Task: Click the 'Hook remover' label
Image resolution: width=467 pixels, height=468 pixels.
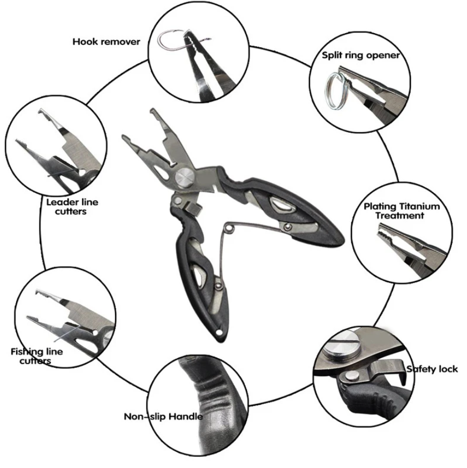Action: pyautogui.click(x=106, y=41)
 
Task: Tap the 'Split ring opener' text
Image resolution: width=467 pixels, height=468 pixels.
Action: pyautogui.click(x=361, y=55)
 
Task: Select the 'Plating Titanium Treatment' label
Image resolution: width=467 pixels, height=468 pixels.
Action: pyautogui.click(x=401, y=211)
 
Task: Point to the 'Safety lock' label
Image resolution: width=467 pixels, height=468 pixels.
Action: pyautogui.click(x=432, y=369)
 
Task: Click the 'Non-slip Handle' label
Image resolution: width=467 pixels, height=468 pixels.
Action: pyautogui.click(x=163, y=417)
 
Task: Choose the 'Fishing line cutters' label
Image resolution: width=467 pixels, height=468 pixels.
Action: pyautogui.click(x=36, y=356)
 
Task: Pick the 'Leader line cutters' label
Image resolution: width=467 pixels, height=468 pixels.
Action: pyautogui.click(x=72, y=207)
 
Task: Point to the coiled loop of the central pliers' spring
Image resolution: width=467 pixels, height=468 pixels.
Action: pyautogui.click(x=229, y=229)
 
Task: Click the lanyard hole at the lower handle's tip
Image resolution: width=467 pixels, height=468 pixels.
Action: pyautogui.click(x=220, y=333)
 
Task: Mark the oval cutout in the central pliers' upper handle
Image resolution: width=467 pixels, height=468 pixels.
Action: pyautogui.click(x=280, y=205)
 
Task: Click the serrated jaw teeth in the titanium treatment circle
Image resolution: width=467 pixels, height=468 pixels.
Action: pyautogui.click(x=386, y=235)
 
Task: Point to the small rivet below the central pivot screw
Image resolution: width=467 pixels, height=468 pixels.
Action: pyautogui.click(x=178, y=200)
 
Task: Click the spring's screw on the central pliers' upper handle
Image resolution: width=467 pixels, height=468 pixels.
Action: pyautogui.click(x=288, y=227)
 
